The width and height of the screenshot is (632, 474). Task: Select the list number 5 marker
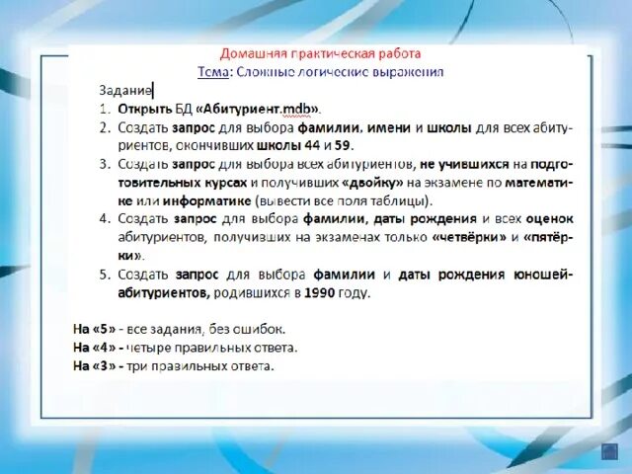click(x=104, y=274)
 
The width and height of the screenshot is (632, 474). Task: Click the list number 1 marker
click(x=104, y=110)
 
